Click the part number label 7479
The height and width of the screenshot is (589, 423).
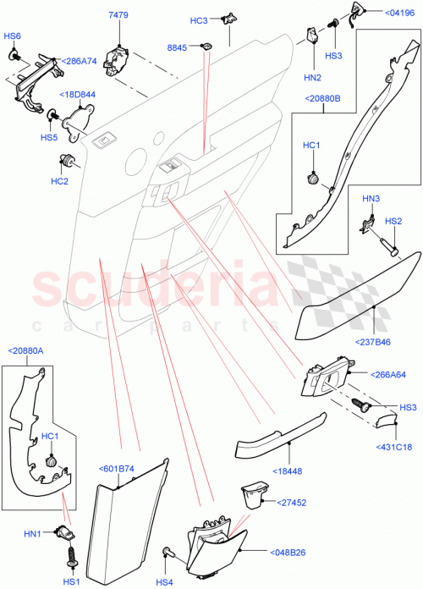[x=118, y=15]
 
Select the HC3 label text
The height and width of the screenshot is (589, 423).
[x=198, y=21]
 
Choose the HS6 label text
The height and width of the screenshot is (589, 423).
[x=12, y=36]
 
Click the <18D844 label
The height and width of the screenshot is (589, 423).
[x=75, y=95]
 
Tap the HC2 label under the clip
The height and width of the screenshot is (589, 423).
[x=59, y=180]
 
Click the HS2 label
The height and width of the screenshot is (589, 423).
[x=393, y=221]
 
